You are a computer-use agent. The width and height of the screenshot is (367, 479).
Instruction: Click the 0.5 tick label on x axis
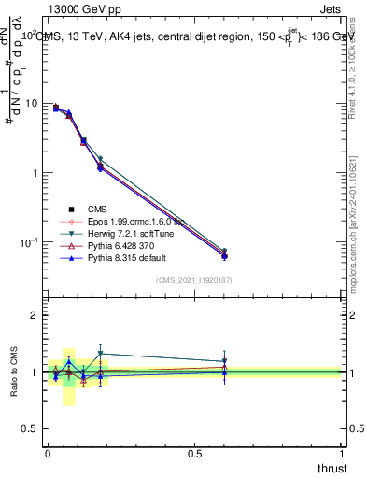click(194, 454)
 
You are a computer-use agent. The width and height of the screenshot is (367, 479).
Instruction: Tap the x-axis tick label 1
click(342, 454)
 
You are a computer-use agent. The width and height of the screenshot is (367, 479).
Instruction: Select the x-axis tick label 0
click(48, 454)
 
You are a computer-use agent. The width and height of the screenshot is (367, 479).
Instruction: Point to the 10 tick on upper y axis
click(32, 103)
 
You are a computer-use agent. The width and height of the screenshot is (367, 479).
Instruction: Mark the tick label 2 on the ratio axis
click(36, 316)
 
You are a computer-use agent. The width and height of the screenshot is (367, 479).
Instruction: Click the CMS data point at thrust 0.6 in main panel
click(224, 255)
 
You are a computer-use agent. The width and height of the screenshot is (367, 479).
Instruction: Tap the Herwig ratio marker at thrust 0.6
click(224, 361)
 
